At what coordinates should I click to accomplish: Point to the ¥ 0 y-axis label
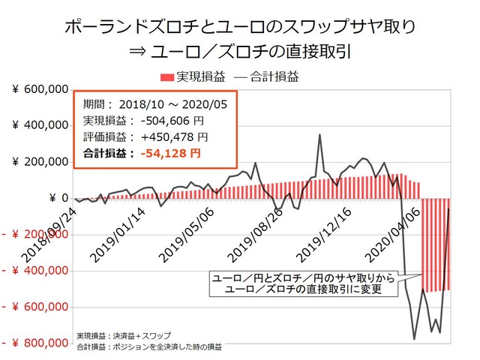pyautogui.click(x=58, y=198)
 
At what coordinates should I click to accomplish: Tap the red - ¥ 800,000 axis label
pyautogui.click(x=36, y=343)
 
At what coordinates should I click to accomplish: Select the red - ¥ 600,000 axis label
pyautogui.click(x=36, y=307)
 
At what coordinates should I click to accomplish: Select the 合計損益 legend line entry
pyautogui.click(x=263, y=76)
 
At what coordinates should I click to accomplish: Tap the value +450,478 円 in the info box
pyautogui.click(x=169, y=137)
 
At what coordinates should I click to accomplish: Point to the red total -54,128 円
pyautogui.click(x=170, y=154)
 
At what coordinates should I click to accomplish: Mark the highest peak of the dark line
pyautogui.click(x=319, y=135)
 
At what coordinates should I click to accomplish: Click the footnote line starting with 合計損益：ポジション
pyautogui.click(x=149, y=347)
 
